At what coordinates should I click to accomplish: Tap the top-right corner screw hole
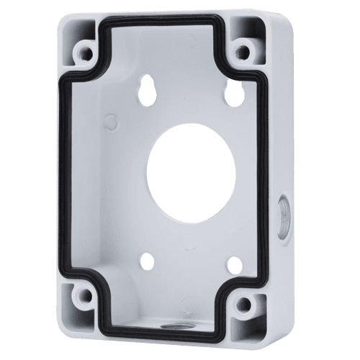click(246, 52)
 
